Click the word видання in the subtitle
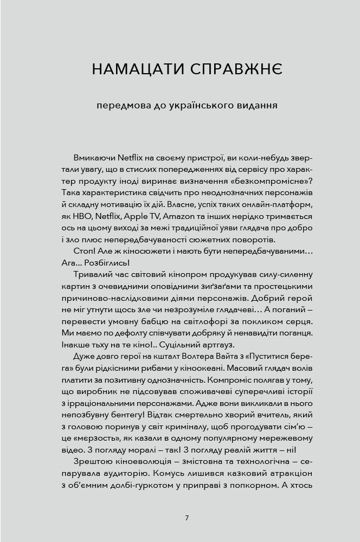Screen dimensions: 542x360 tap(254, 105)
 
